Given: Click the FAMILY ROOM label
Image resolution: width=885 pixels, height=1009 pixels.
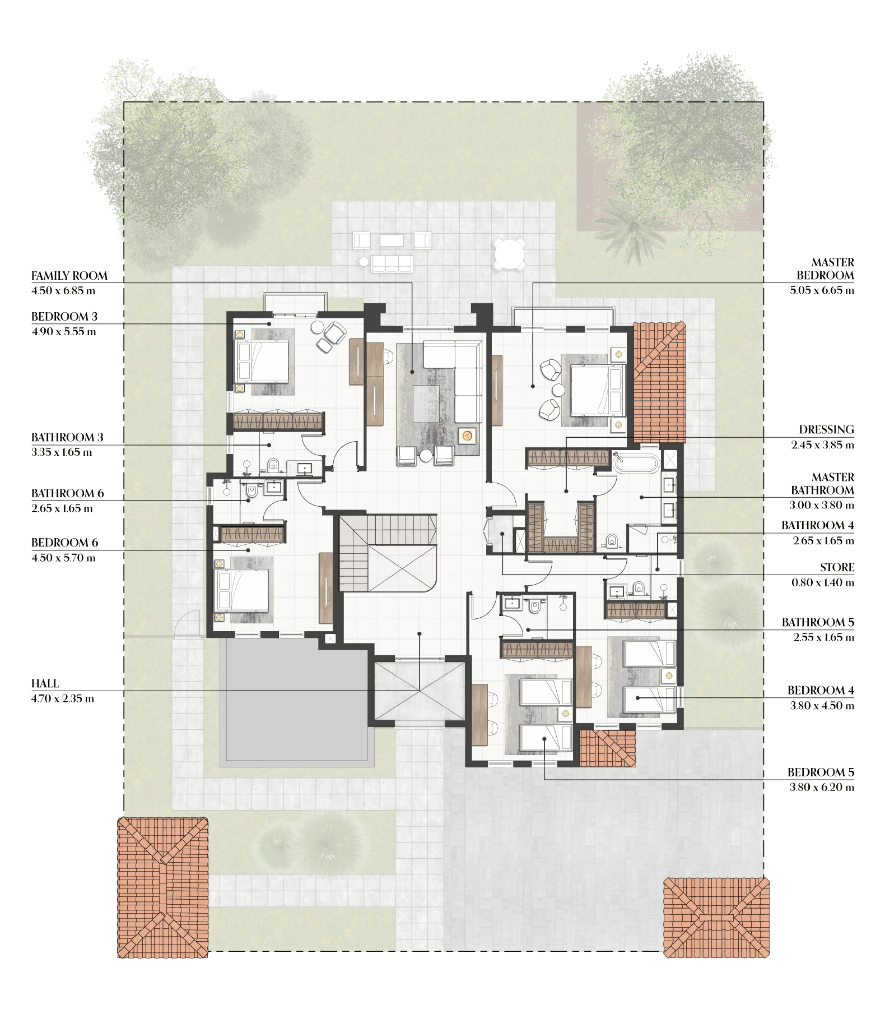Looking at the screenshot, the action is click(69, 276).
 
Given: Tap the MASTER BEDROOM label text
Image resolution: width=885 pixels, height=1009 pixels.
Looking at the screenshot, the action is click(826, 269).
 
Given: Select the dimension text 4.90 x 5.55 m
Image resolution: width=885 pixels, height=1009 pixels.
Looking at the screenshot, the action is click(64, 331).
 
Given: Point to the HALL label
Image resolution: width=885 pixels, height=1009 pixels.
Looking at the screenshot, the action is click(45, 683).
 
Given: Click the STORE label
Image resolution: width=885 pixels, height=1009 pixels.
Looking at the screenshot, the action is click(837, 567).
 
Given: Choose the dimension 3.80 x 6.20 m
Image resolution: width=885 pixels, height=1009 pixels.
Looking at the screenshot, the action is click(822, 787).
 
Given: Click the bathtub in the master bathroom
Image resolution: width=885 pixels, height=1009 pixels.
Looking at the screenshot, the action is click(636, 463).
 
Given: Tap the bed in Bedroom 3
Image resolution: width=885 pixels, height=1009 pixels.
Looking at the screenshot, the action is click(262, 361).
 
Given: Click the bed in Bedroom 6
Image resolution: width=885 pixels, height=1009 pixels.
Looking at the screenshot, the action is click(241, 590).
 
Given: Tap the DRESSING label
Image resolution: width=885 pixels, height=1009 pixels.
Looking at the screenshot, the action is click(827, 430).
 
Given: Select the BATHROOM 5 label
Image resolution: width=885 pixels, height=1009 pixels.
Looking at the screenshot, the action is click(818, 622).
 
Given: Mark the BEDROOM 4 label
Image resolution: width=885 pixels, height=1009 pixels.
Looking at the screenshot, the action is click(821, 690).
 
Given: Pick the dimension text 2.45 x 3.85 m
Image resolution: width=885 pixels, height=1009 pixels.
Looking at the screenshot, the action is click(822, 445).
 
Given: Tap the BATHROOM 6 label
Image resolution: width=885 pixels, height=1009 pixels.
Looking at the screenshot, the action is click(68, 493).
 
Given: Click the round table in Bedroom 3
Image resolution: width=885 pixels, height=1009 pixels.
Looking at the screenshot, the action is click(317, 327).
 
